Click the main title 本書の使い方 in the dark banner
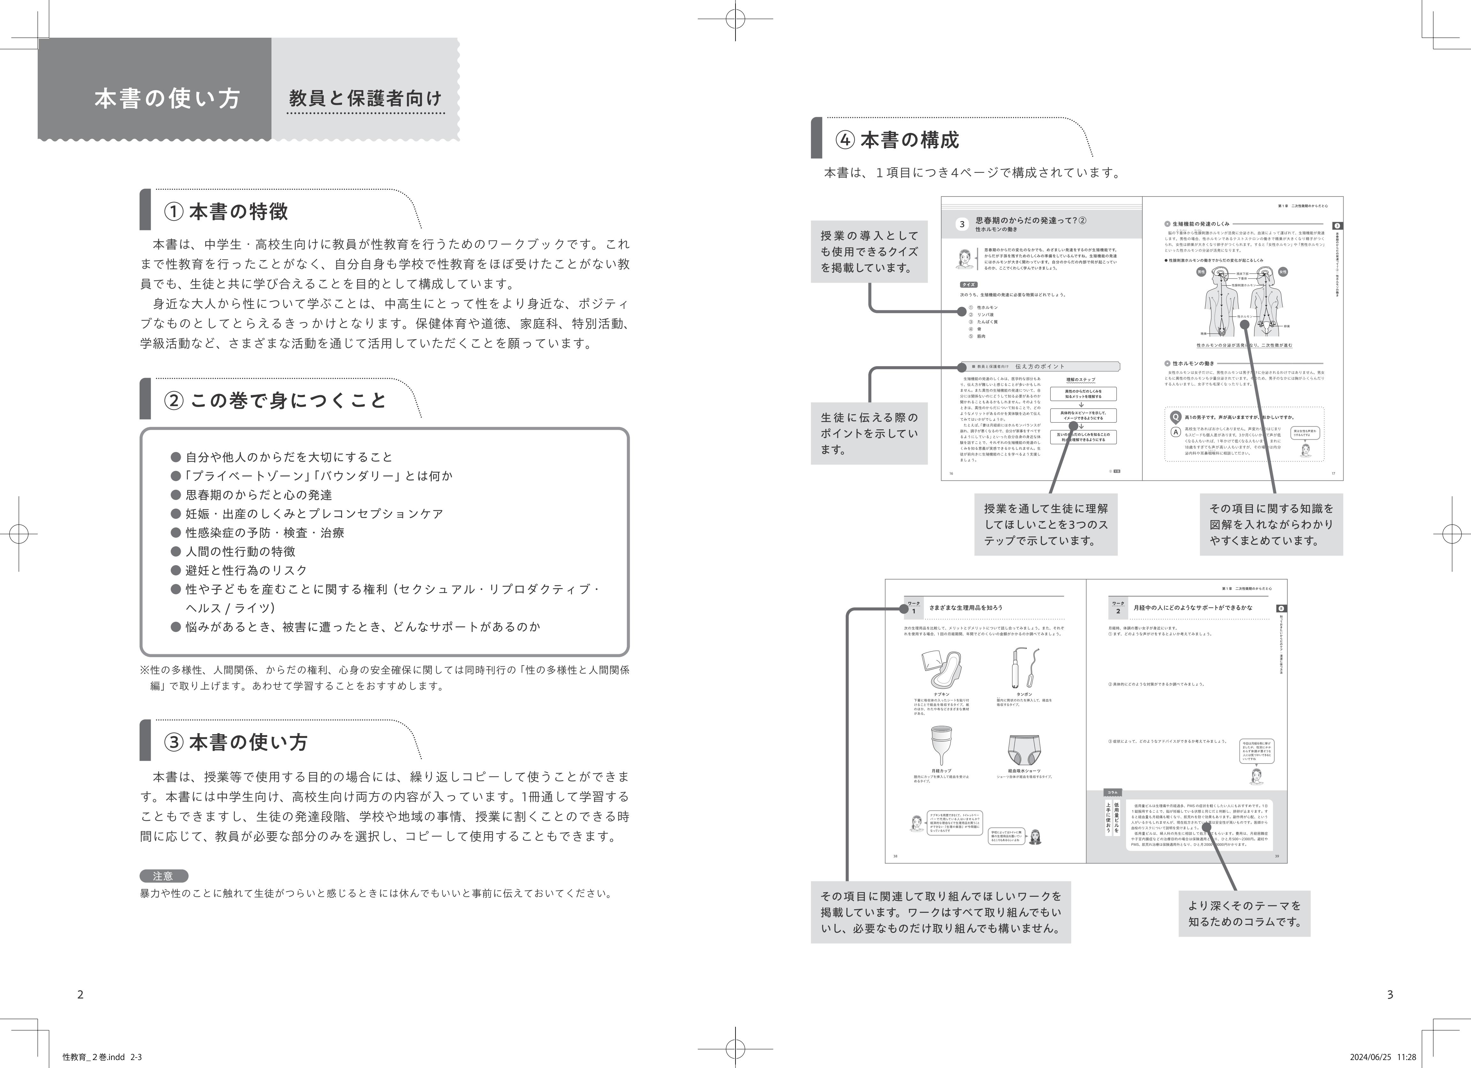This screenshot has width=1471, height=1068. [167, 99]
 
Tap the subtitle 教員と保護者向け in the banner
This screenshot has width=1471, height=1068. [365, 99]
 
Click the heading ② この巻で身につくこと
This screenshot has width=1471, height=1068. [276, 400]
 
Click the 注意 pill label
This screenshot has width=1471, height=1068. [164, 876]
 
